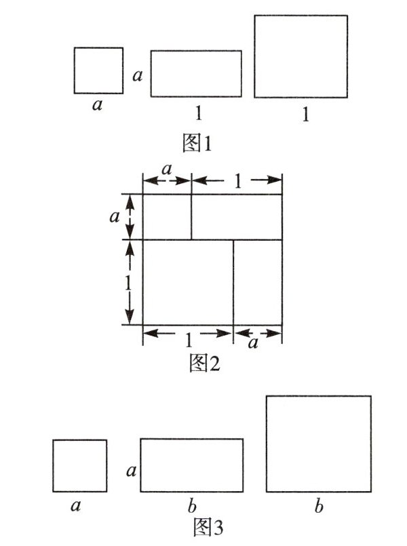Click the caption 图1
click(199, 143)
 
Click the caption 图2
click(204, 364)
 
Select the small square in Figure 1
click(98, 70)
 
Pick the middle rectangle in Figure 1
click(196, 73)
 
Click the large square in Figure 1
click(301, 56)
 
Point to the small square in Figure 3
click(80, 465)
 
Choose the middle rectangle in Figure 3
click(192, 465)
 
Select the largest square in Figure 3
click(318, 444)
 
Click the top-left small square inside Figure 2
click(167, 216)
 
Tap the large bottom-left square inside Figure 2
click(188, 281)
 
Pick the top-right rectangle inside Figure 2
click(236, 216)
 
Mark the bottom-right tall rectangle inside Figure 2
click(258, 281)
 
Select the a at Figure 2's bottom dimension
click(253, 344)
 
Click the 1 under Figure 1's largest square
click(305, 115)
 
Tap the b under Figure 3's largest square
click(317, 506)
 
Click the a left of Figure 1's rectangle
click(138, 76)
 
